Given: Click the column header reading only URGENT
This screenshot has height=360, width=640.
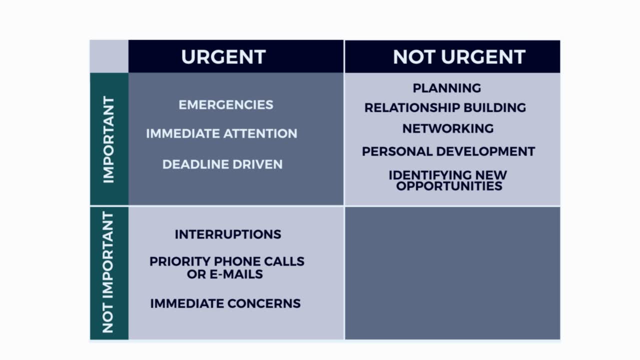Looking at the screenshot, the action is pyautogui.click(x=223, y=56).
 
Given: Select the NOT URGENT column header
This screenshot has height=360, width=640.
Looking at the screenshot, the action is pyautogui.click(x=459, y=56).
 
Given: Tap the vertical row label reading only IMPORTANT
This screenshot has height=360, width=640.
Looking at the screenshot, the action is pyautogui.click(x=108, y=139).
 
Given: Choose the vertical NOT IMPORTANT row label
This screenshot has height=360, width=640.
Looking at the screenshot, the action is pyautogui.click(x=108, y=272).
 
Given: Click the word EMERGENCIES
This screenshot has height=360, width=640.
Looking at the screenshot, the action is pyautogui.click(x=226, y=105).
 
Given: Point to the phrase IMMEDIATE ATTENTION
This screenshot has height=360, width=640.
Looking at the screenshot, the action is pyautogui.click(x=221, y=133).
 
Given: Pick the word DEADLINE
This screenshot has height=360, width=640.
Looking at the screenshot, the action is pyautogui.click(x=195, y=164).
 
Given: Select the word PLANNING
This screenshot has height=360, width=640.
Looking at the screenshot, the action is pyautogui.click(x=447, y=88).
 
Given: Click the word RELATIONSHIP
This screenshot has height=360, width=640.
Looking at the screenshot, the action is pyautogui.click(x=412, y=107).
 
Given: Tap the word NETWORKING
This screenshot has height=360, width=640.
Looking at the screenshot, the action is pyautogui.click(x=448, y=128).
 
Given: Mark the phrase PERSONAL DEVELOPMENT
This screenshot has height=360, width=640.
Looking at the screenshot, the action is pyautogui.click(x=448, y=151).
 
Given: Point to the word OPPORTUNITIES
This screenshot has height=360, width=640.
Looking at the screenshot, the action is pyautogui.click(x=449, y=186).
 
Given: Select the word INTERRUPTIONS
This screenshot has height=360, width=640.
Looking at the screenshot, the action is pyautogui.click(x=228, y=234).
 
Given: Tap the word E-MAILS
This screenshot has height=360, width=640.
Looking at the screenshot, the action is pyautogui.click(x=236, y=274).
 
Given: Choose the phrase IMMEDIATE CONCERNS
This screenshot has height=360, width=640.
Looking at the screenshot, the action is pyautogui.click(x=225, y=303).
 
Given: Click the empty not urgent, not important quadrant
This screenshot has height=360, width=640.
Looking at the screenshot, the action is pyautogui.click(x=452, y=273).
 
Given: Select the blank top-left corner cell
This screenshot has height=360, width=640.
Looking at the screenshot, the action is pyautogui.click(x=109, y=56).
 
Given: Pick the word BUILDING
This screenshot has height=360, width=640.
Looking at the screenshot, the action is pyautogui.click(x=494, y=107).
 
